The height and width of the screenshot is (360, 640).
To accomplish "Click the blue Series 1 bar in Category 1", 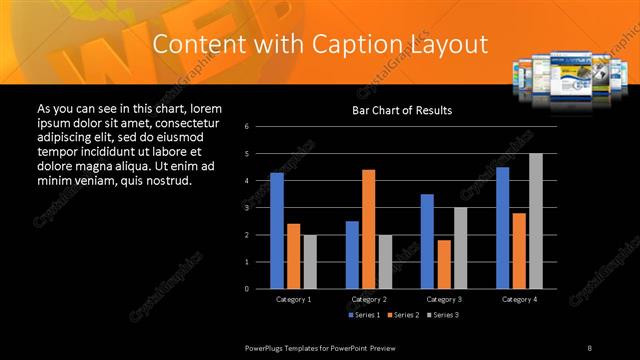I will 277,231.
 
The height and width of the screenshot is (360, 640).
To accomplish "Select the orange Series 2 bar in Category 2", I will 369,229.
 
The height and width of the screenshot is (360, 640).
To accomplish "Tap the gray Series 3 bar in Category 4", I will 536,221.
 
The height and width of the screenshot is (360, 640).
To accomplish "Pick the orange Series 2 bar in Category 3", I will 444,264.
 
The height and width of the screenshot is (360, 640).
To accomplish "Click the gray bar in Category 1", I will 310,262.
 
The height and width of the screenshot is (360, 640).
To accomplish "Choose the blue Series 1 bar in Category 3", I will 427,241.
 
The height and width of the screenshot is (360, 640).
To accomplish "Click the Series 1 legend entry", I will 365,315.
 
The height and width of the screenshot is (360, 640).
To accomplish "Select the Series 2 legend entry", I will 403,315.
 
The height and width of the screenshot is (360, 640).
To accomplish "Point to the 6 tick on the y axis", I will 260,127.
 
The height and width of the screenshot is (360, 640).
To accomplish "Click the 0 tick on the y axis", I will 260,289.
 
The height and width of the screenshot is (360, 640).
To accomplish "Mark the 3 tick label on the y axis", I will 260,208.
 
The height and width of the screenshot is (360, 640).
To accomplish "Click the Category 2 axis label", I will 368,299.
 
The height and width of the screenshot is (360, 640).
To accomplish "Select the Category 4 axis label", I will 518,299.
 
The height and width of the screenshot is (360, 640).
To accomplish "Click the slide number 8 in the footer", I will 589,347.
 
